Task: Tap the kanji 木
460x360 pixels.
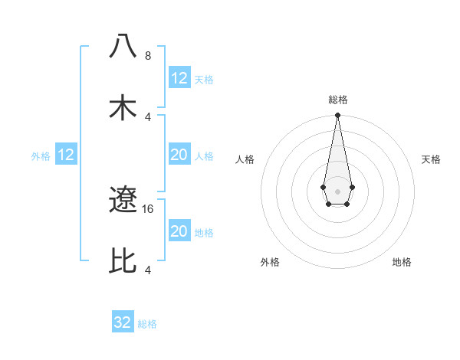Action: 123,107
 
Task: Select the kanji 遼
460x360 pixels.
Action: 123,201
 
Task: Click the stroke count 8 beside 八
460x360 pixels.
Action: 148,56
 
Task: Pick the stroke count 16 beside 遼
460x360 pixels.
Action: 149,208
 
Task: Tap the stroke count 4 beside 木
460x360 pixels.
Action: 148,117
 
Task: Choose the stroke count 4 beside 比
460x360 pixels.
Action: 148,270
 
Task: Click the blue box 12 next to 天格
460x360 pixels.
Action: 179,78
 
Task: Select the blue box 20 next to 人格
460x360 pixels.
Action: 179,155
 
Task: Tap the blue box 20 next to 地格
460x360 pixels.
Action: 179,231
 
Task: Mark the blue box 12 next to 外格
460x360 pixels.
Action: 66,155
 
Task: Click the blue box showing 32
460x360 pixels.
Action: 123,322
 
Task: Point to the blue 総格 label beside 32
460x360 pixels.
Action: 147,324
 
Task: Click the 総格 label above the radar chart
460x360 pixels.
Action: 338,100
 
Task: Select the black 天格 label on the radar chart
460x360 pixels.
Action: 431,159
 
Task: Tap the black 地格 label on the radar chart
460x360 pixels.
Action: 402,262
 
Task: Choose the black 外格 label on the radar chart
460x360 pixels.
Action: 270,262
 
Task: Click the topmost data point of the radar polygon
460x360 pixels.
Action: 337,116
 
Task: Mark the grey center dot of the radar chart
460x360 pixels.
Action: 337,190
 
